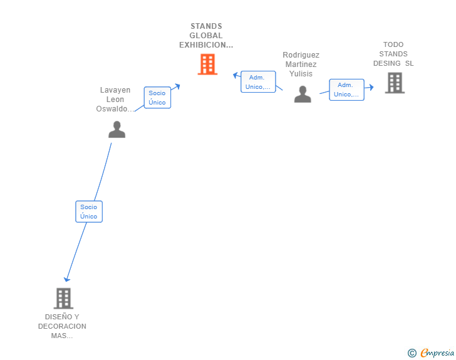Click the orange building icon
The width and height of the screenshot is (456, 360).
click(207, 64)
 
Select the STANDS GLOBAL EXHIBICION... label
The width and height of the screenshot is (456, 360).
click(206, 36)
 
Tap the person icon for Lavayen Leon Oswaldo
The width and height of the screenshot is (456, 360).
click(117, 130)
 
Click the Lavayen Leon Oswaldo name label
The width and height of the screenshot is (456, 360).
click(115, 100)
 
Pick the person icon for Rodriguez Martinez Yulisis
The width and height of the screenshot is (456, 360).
click(303, 94)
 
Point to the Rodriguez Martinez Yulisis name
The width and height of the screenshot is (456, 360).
click(301, 64)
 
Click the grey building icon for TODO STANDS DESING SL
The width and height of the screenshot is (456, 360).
click(395, 83)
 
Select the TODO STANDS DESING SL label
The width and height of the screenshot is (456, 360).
click(393, 54)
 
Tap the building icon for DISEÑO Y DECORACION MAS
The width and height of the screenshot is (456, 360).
click(63, 299)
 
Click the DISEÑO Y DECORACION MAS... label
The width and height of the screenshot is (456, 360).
click(62, 326)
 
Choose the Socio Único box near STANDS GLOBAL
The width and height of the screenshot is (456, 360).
click(157, 98)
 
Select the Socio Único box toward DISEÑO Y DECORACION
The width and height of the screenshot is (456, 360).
click(89, 212)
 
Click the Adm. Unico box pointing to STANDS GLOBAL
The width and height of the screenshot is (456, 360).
click(258, 82)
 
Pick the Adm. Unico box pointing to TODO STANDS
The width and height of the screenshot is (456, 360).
click(346, 90)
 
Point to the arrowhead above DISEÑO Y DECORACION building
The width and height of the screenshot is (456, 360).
click(67, 279)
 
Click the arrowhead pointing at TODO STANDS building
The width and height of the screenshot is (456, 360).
click(371, 87)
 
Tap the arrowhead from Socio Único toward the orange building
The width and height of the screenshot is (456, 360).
click(177, 86)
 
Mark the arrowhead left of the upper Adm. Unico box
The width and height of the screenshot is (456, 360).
click(236, 75)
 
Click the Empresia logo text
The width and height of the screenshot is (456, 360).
click(437, 353)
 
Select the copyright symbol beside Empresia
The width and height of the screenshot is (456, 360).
click(412, 353)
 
